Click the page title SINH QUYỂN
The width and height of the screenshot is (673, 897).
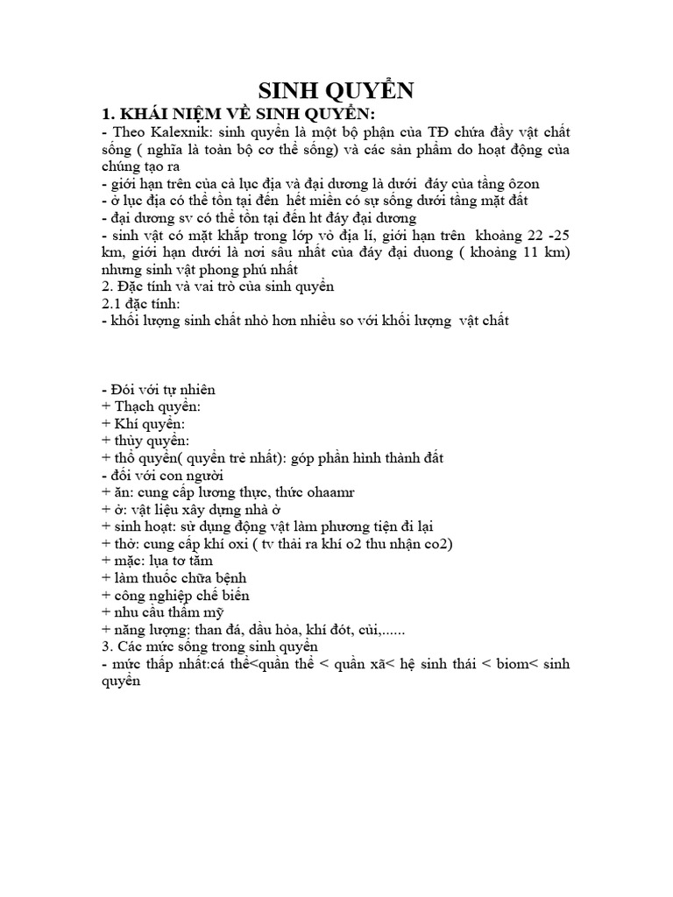click(x=336, y=91)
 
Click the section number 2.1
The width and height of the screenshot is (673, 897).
click(x=114, y=303)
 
